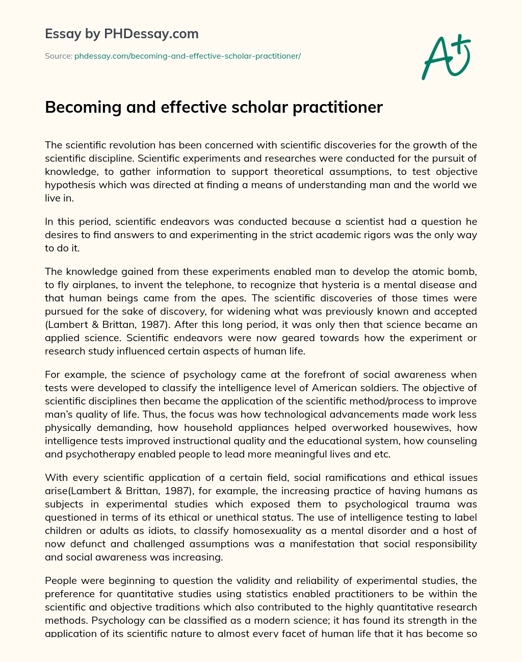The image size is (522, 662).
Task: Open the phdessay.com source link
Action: click(188, 56)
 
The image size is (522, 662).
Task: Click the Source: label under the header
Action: click(59, 56)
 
